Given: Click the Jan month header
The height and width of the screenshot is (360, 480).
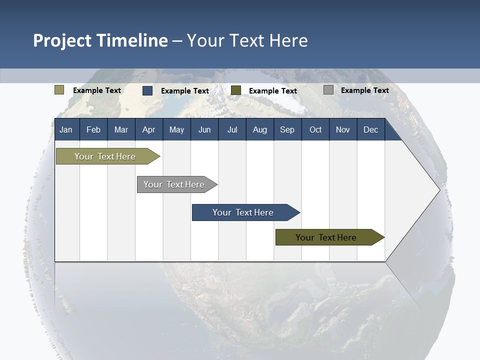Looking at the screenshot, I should (x=66, y=129).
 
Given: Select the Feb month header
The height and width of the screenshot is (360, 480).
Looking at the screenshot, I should (x=93, y=129).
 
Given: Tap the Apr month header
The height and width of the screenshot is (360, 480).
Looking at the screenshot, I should (x=149, y=129).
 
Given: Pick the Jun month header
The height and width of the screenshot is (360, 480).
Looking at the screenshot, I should (x=204, y=129).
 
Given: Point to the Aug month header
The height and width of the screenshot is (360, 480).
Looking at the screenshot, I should (x=260, y=129).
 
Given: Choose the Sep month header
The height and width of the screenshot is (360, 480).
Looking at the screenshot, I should (x=287, y=129).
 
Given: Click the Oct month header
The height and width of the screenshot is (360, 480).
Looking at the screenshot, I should (x=315, y=129).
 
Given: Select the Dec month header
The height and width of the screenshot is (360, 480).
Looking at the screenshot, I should (x=371, y=129).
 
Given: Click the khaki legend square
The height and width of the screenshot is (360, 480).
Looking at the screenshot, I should (x=59, y=90).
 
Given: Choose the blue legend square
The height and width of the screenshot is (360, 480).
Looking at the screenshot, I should (x=147, y=90).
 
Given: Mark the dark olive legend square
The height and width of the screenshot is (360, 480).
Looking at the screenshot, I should (x=236, y=90).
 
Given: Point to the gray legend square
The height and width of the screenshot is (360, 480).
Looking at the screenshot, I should (x=328, y=90).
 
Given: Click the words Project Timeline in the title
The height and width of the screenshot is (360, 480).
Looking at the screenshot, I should (x=100, y=40).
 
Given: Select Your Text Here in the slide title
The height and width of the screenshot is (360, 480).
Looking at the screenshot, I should (x=247, y=40).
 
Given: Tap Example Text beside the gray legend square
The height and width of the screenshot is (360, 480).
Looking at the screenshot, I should (x=365, y=90).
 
